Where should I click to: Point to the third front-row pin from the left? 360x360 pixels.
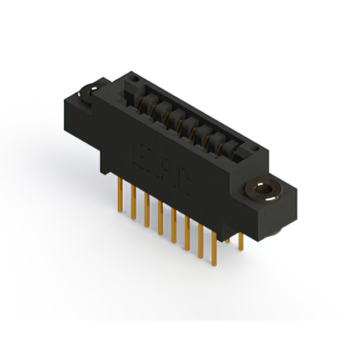click(x=147, y=210)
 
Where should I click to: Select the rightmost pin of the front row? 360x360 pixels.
click(x=214, y=247)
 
